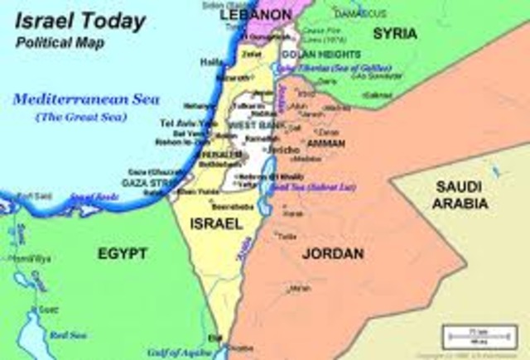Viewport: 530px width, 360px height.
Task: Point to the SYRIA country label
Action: (395, 34)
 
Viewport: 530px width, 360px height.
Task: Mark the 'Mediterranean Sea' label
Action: (74, 100)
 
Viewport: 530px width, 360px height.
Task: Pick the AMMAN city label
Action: (333, 142)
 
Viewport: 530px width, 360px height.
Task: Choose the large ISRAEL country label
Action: (215, 224)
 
